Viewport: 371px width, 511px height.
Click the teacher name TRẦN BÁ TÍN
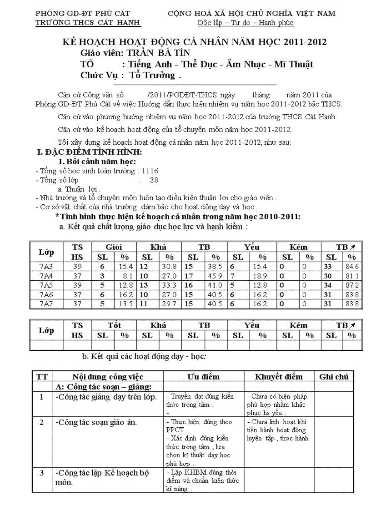[x=155, y=53]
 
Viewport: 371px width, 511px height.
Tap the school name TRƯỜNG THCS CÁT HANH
[x=87, y=23]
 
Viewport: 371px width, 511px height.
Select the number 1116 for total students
[x=150, y=171]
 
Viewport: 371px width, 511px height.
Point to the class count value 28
[x=154, y=180]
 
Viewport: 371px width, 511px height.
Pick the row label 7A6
[x=46, y=295]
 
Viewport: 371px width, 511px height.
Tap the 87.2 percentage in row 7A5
[x=352, y=285]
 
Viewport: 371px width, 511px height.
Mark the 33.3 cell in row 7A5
[x=169, y=285]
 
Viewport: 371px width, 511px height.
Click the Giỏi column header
[x=114, y=247]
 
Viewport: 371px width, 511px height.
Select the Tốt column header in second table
[x=114, y=325]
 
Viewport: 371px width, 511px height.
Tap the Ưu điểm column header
[x=203, y=376]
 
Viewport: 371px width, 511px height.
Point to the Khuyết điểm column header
[x=279, y=376]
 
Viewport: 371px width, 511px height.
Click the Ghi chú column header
[x=334, y=376]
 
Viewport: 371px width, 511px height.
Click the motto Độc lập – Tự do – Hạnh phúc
[x=246, y=23]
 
